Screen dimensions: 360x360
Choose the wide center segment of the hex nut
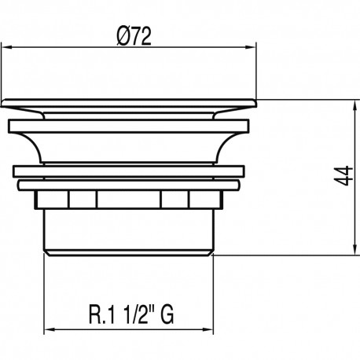[x=130, y=200]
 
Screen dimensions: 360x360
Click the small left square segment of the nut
[x=82, y=200]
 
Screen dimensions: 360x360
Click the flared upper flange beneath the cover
[x=130, y=141]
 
